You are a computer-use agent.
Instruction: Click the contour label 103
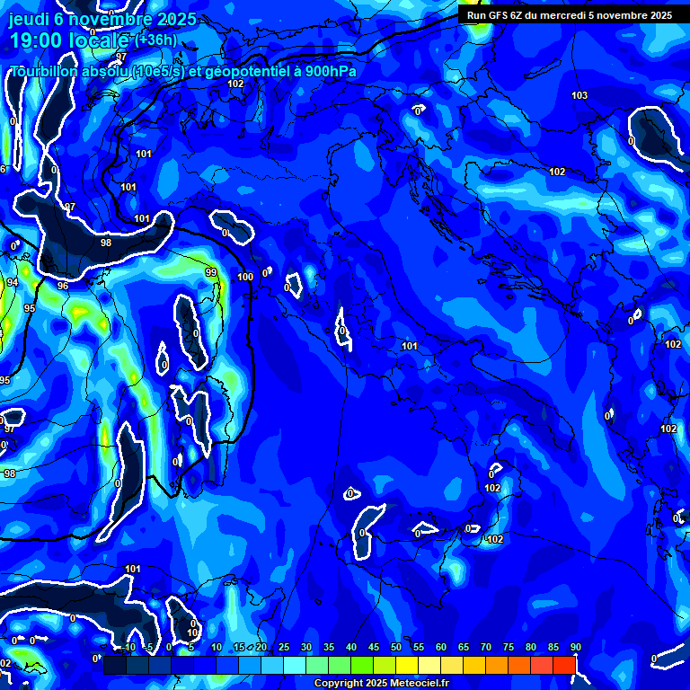tap(579, 95)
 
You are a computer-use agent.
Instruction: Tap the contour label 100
tap(245, 277)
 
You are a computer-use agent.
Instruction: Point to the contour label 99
tap(211, 272)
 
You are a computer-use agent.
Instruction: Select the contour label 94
tap(12, 282)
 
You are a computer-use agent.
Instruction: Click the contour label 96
tap(63, 286)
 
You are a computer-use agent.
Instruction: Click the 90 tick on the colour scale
tap(575, 648)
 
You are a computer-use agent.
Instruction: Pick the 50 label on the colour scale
tap(396, 648)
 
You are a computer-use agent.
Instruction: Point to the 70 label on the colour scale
tap(486, 648)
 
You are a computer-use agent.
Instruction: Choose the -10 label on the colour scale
tap(128, 648)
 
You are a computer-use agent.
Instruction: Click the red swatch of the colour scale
tap(564, 665)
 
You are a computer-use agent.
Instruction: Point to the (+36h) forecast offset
tap(156, 40)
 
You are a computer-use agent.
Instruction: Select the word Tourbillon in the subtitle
tap(45, 72)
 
